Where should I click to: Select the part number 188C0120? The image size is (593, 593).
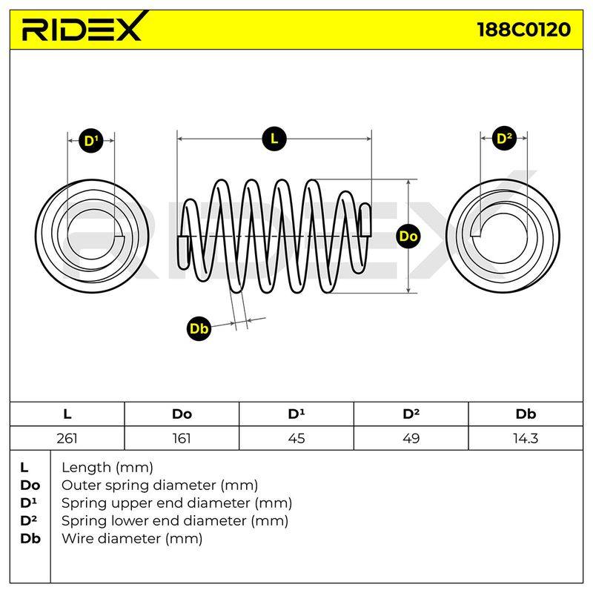coord(524,30)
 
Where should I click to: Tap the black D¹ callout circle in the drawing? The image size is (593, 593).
coord(91,141)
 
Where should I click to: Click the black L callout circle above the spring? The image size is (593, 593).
coord(274,139)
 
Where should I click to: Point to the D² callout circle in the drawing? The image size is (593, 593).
coord(504,139)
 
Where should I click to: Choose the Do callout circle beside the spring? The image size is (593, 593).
coord(408,236)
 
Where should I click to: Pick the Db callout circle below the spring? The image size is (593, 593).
coord(199,328)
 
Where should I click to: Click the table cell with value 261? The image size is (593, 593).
coord(67,438)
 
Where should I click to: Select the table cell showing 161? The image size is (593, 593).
coord(182,438)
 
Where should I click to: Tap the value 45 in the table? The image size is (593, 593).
coord(296,438)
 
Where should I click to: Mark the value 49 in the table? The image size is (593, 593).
coord(411,438)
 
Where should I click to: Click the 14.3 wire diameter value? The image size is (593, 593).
coord(526,438)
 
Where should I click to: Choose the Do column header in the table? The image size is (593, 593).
coord(182,414)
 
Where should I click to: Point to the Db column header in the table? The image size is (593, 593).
coord(526,414)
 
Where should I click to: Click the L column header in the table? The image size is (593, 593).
coord(67,414)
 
